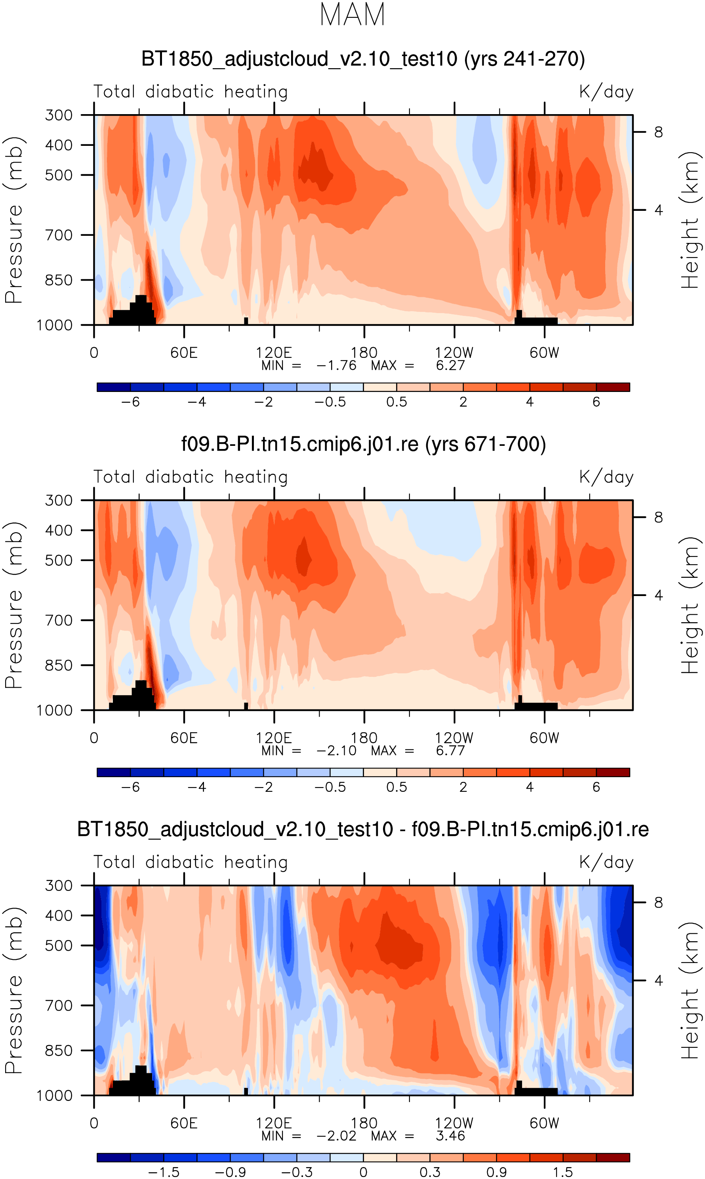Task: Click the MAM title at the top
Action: pyautogui.click(x=352, y=15)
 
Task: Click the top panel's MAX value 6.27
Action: pyautogui.click(x=450, y=365)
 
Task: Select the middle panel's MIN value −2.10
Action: pyautogui.click(x=336, y=751)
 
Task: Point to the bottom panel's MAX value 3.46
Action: pyautogui.click(x=450, y=1136)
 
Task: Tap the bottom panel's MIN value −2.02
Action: pyautogui.click(x=336, y=1136)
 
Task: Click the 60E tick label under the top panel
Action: pyautogui.click(x=184, y=353)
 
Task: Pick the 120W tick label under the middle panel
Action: pyautogui.click(x=454, y=738)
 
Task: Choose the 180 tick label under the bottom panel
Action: pyautogui.click(x=364, y=1124)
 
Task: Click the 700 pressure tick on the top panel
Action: pyautogui.click(x=59, y=235)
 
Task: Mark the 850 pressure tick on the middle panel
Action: pyautogui.click(x=59, y=665)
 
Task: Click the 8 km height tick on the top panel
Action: pyautogui.click(x=658, y=132)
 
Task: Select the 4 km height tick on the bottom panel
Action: pyautogui.click(x=658, y=980)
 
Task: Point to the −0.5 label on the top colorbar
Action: pyautogui.click(x=330, y=402)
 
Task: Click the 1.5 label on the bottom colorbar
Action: pyautogui.click(x=563, y=1172)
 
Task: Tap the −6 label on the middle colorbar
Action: pyautogui.click(x=130, y=787)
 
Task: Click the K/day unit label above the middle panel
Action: pyautogui.click(x=606, y=477)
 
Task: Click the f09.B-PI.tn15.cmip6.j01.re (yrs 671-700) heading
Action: pyautogui.click(x=364, y=444)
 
